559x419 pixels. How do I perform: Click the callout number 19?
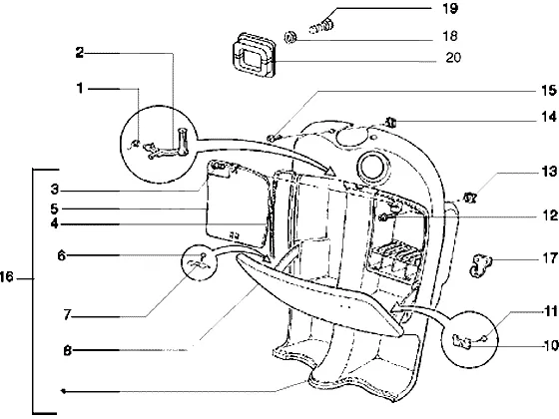click(449, 9)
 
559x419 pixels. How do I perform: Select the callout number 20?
click(453, 58)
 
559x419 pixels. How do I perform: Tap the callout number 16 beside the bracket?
click(6, 277)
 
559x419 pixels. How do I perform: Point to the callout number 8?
click(68, 351)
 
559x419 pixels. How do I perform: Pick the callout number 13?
click(549, 172)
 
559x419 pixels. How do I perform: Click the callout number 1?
click(80, 88)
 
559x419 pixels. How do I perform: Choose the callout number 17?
click(549, 258)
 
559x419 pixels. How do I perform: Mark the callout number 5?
click(54, 209)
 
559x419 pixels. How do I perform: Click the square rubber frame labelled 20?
click(254, 55)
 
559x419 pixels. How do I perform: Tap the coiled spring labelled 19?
click(321, 26)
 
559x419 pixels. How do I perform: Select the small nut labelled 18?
click(290, 37)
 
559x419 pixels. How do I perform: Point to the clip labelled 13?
click(470, 198)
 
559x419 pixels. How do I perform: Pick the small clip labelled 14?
click(390, 123)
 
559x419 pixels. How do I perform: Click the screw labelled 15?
click(272, 138)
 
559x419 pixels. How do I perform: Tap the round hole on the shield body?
click(372, 166)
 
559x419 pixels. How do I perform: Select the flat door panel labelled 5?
click(238, 204)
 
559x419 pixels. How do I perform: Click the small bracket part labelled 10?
click(462, 341)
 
